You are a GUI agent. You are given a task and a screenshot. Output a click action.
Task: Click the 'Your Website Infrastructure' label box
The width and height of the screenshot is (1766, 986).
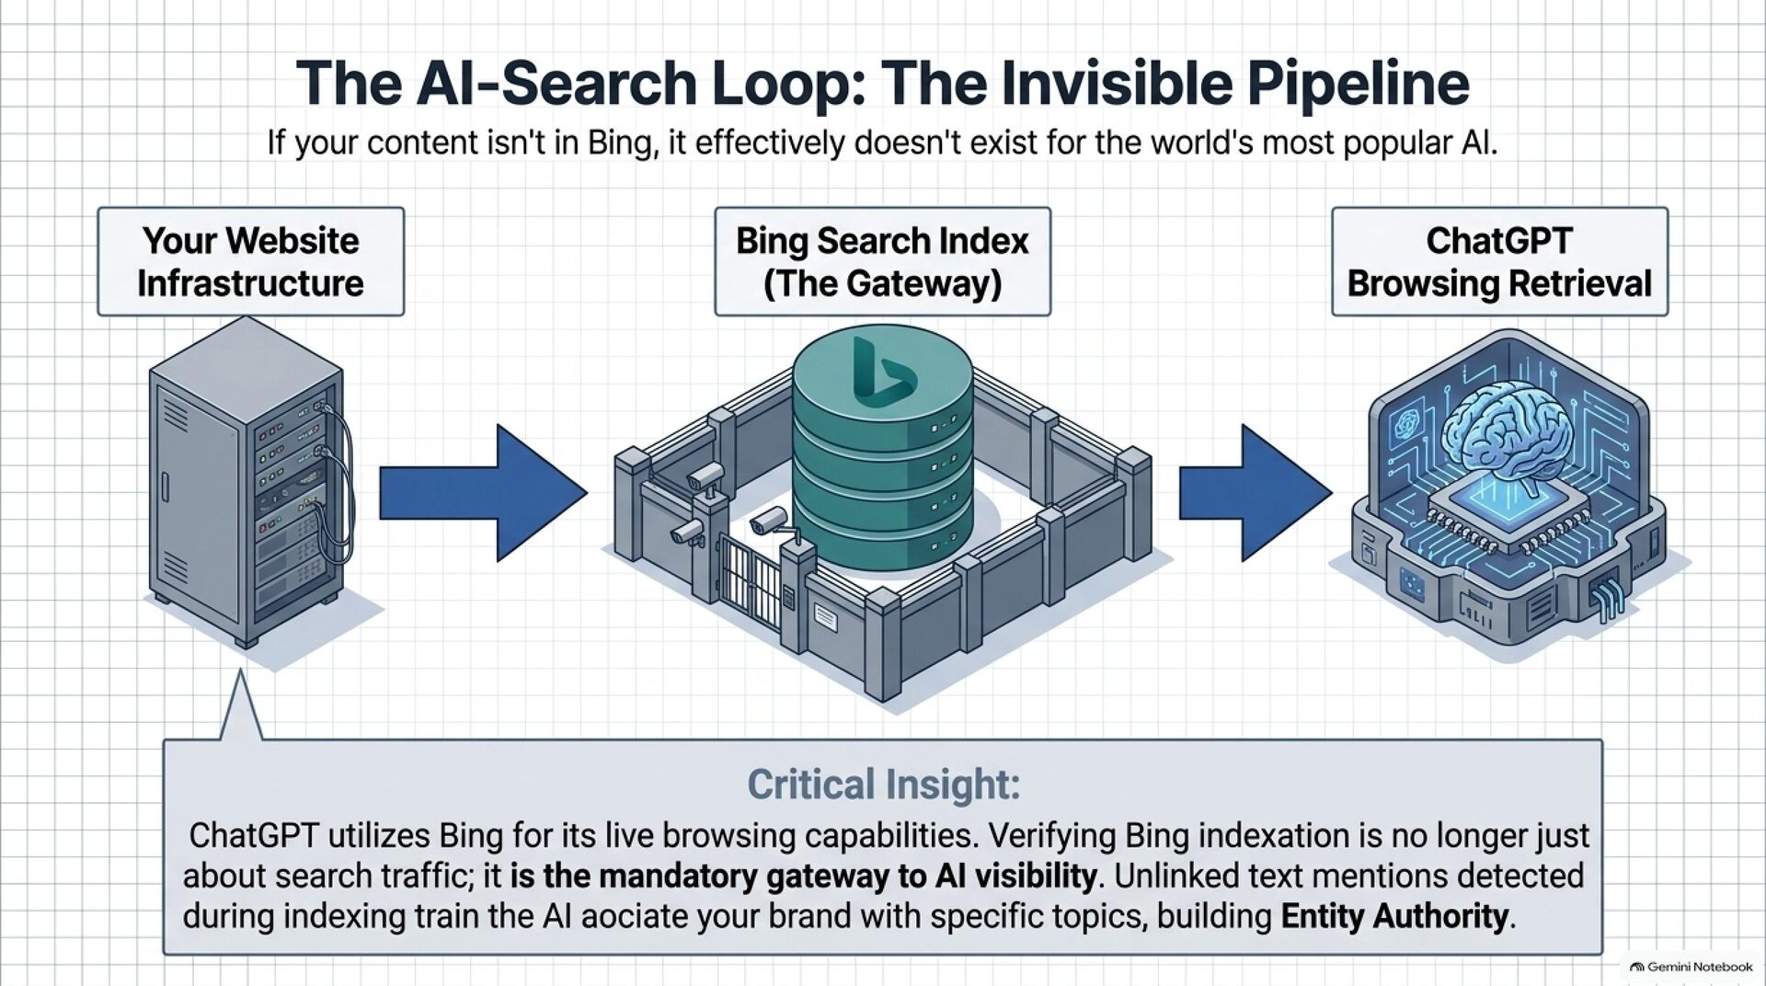(250, 261)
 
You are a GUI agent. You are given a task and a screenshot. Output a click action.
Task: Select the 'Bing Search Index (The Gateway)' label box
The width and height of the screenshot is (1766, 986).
(882, 261)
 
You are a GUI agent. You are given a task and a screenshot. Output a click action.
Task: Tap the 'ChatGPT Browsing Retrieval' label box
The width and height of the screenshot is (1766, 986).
(1499, 261)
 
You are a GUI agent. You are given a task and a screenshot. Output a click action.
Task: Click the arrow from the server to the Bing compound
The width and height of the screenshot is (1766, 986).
(483, 493)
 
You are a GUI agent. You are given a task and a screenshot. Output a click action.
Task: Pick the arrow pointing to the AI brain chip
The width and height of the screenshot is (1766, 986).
(1256, 493)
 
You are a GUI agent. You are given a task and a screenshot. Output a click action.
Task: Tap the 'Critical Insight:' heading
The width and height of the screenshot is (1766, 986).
(883, 785)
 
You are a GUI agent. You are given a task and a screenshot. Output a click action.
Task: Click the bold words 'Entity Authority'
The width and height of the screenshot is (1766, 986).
(1394, 916)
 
